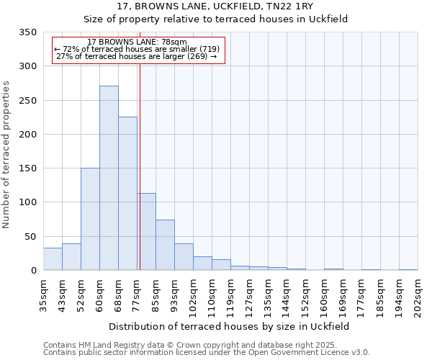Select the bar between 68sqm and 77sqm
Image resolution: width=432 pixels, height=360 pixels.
tap(127, 194)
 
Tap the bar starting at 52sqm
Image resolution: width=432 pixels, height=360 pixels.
tap(90, 219)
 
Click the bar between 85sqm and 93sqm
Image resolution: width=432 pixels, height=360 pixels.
tap(165, 245)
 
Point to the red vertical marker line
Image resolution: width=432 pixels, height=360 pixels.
tap(140, 166)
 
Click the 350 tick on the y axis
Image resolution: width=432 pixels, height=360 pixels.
tap(28, 32)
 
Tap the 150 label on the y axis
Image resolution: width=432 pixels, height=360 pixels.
tap(28, 168)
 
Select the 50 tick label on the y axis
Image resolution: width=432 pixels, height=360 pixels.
tap(30, 237)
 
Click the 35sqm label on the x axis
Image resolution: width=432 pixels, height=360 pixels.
tap(44, 295)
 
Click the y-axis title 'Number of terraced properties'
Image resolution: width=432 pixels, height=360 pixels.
tap(6, 155)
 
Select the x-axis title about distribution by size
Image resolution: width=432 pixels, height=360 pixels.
tap(230, 326)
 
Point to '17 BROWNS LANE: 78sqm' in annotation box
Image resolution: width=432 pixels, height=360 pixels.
tap(137, 42)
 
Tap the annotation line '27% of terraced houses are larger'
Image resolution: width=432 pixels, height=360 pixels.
tap(137, 57)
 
